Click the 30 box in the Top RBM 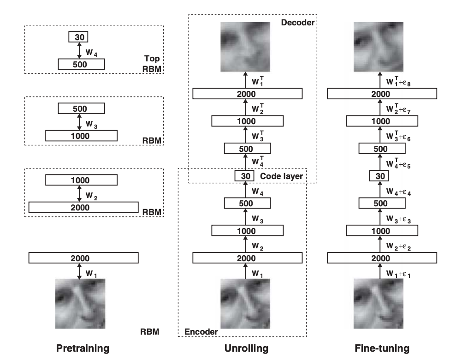click(x=79, y=37)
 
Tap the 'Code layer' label click(x=281, y=176)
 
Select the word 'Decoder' click(x=297, y=22)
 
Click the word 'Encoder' click(x=201, y=331)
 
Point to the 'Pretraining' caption click(x=83, y=348)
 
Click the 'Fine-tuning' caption click(x=382, y=348)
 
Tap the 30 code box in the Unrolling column click(x=244, y=176)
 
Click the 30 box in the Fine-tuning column click(x=380, y=176)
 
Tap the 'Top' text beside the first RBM click(x=152, y=59)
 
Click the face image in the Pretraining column click(x=80, y=302)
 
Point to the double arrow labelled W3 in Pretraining click(x=79, y=122)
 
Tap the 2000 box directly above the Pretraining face click(x=83, y=258)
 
